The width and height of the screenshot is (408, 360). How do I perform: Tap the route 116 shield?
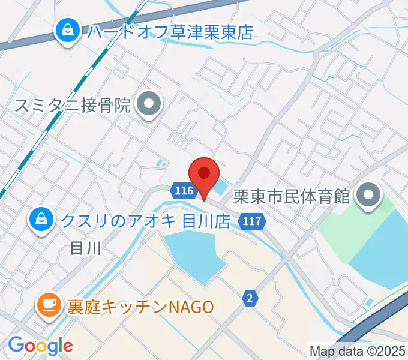[184, 191]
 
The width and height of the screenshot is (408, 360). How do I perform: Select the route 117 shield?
[252, 221]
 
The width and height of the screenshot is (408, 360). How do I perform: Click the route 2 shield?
[249, 297]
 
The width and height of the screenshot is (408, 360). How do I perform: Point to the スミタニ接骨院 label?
[72, 106]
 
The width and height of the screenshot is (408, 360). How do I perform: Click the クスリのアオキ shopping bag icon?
[41, 220]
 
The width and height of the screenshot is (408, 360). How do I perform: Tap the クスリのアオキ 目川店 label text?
[145, 221]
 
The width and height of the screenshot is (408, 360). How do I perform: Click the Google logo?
[40, 346]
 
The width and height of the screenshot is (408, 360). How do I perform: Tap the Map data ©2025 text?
[358, 350]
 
